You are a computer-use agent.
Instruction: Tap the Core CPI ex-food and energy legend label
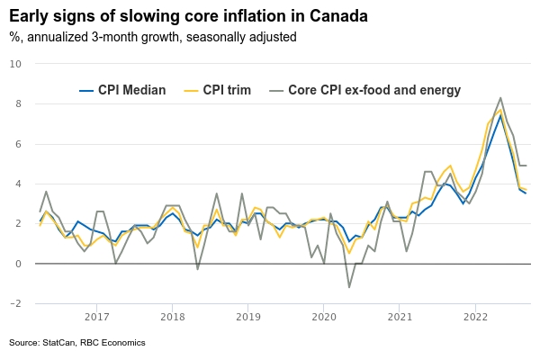point(374,90)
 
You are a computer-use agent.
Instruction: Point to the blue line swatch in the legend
point(87,90)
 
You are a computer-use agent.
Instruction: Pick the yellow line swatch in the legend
point(190,90)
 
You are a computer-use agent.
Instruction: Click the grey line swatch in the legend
point(274,90)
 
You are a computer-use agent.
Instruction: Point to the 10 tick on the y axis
point(15,63)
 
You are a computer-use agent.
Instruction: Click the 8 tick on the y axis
point(18,103)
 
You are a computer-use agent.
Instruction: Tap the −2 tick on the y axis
point(15,304)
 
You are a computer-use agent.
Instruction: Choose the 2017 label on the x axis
point(96,317)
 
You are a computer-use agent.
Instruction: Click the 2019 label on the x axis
point(248,317)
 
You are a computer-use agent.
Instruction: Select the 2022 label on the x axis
point(476,317)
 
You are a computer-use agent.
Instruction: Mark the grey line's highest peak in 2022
point(500,97)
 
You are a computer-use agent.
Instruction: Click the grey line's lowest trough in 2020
point(349,287)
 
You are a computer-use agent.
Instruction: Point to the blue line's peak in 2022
point(500,114)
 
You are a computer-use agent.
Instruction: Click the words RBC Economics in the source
point(113,343)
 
